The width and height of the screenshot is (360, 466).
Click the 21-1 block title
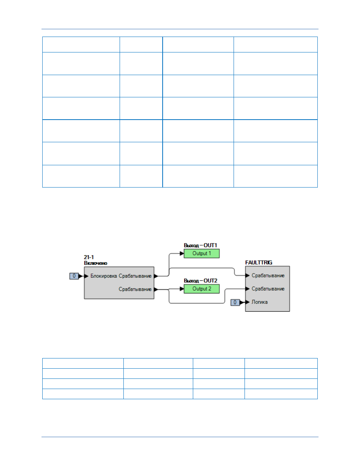(x=89, y=257)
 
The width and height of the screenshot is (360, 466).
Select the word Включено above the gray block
(x=95, y=263)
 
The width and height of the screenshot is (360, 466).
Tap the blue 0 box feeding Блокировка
(x=74, y=276)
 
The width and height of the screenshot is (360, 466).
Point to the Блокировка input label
(x=103, y=276)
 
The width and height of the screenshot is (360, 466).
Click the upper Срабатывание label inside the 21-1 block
(x=135, y=276)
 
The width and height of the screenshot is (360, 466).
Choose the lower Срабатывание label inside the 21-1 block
(x=135, y=289)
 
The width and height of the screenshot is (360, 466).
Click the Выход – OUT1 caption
(x=200, y=245)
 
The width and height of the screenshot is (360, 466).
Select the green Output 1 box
(x=202, y=253)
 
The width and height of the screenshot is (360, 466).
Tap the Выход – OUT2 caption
(x=200, y=280)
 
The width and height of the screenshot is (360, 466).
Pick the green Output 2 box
(x=202, y=289)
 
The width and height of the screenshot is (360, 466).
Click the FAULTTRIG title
(x=258, y=263)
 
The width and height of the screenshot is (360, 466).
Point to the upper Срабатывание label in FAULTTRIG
(x=268, y=275)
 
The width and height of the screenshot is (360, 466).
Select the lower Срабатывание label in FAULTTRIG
(x=268, y=289)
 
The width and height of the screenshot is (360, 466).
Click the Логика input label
(x=260, y=302)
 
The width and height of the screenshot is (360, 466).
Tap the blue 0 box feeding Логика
(x=235, y=302)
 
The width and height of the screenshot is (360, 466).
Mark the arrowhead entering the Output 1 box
(x=182, y=254)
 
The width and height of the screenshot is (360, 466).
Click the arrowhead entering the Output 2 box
(x=182, y=289)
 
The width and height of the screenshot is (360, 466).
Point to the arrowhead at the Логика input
(x=248, y=302)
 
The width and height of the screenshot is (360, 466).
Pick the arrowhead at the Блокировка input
(x=86, y=276)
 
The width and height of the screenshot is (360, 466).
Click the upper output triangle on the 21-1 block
(x=156, y=276)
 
